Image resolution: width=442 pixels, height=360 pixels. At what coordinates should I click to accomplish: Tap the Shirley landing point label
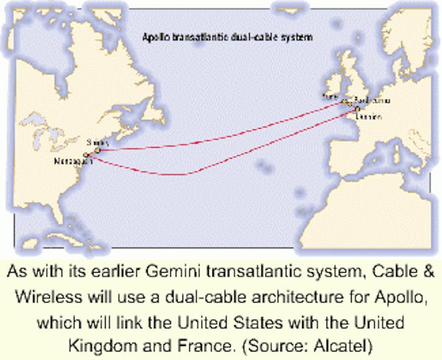[93, 142]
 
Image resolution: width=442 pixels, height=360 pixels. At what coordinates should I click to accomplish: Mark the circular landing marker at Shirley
[97, 149]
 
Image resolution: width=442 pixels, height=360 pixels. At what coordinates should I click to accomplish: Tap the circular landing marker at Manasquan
[87, 156]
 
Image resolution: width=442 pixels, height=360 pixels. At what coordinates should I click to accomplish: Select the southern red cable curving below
[183, 175]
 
